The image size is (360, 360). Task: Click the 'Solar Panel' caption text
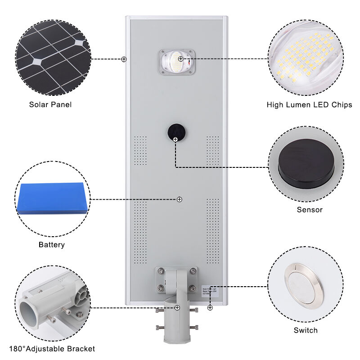click(x=50, y=104)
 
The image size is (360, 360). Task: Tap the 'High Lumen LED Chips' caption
click(x=309, y=105)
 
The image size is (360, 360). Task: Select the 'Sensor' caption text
click(x=310, y=210)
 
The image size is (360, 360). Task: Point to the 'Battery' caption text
click(x=51, y=245)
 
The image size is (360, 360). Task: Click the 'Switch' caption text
click(x=306, y=330)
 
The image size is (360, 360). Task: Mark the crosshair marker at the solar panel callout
click(x=124, y=59)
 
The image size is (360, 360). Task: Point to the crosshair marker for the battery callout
click(x=179, y=199)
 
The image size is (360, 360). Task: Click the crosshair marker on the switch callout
click(x=210, y=307)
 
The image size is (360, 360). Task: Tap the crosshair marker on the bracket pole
click(x=177, y=307)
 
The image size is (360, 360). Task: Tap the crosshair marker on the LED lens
click(x=180, y=59)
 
